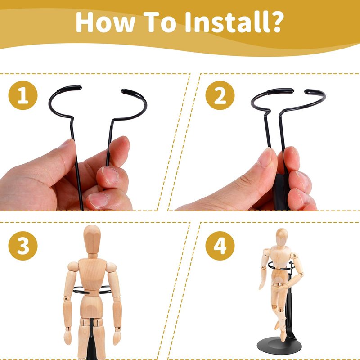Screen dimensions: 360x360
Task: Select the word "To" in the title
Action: [x=160, y=22]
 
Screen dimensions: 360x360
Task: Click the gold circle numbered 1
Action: [x=23, y=95]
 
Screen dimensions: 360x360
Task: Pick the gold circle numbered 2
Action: [x=220, y=95]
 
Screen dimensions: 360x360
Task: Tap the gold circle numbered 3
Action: [x=23, y=246]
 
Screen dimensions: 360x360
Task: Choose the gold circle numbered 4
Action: [x=220, y=246]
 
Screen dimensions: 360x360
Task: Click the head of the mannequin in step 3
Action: [x=92, y=239]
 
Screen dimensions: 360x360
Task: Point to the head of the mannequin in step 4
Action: [x=282, y=237]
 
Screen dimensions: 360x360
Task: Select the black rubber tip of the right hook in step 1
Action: [x=131, y=93]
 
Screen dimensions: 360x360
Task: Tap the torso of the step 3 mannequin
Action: [x=92, y=275]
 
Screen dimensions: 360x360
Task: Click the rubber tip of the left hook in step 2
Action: [x=280, y=91]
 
